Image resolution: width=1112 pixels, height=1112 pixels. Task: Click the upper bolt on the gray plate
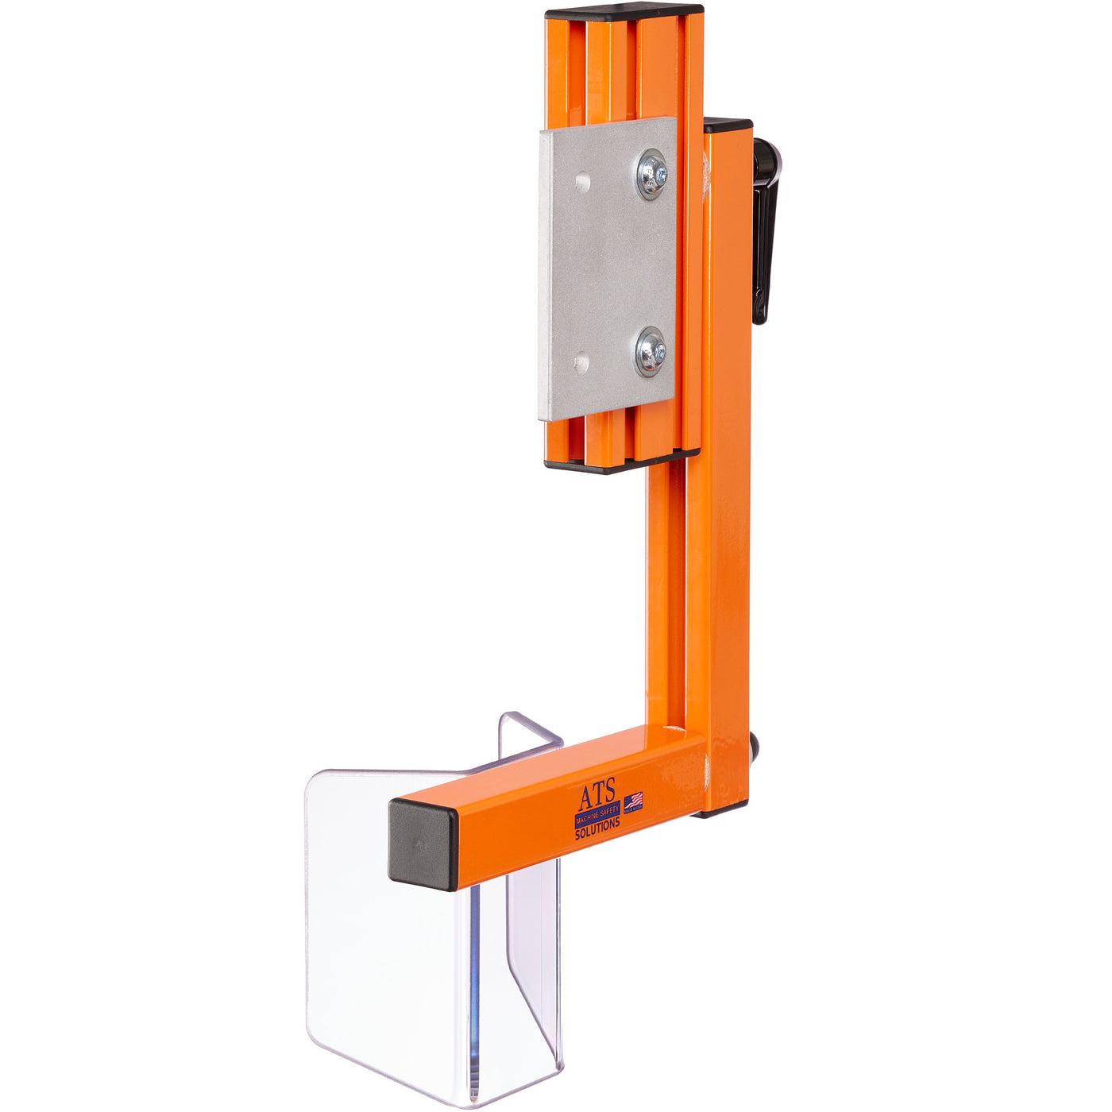[651, 173]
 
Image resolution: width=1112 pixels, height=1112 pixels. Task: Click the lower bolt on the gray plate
[651, 351]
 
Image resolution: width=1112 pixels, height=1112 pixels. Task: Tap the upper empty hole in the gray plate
[583, 182]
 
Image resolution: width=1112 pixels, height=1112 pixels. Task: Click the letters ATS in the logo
[596, 796]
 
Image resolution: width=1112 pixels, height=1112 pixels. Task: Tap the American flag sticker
[633, 802]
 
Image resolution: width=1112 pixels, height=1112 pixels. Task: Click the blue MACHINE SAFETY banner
[597, 811]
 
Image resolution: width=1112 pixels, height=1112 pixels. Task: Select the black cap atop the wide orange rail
[624, 12]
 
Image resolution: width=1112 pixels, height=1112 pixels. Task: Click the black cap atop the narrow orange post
[728, 125]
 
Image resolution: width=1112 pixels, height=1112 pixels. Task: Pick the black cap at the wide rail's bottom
[620, 463]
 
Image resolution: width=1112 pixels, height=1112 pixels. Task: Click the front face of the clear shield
[381, 953]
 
